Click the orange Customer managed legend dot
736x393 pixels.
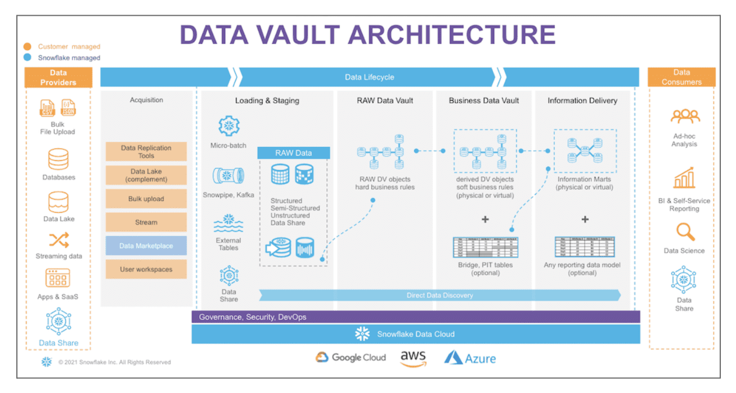pos(28,47)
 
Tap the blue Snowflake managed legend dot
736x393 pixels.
pos(28,57)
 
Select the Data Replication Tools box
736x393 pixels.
pos(146,152)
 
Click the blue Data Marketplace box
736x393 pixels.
pos(146,246)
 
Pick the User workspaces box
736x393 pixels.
pos(146,269)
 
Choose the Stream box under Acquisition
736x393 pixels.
pos(146,222)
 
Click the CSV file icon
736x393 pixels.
pos(48,108)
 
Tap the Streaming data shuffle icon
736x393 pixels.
pos(59,240)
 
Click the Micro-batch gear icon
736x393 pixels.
pos(228,126)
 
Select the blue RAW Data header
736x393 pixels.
pos(293,153)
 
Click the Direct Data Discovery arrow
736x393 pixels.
pos(439,296)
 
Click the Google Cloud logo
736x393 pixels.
pos(351,358)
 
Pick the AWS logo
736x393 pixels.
pos(413,358)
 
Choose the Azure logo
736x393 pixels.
pos(470,358)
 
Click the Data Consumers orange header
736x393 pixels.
pos(681,77)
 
